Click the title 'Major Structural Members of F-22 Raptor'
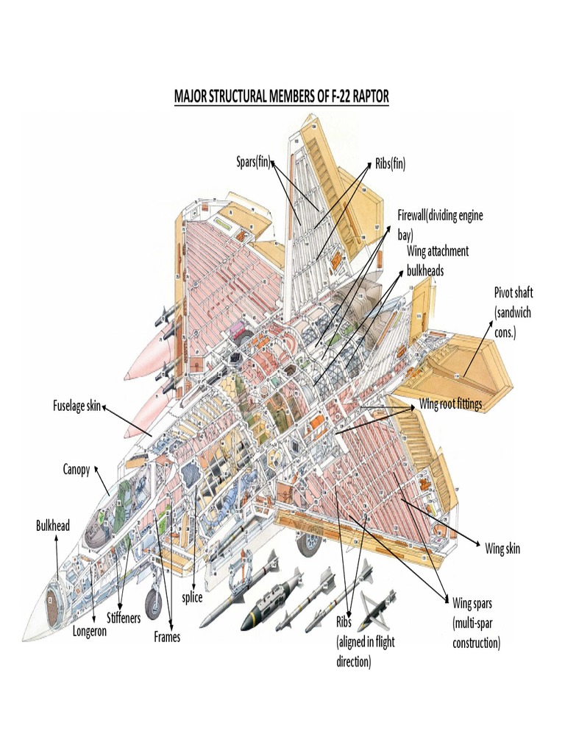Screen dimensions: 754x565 tap(281, 97)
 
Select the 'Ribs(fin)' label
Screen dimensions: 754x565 tap(390, 163)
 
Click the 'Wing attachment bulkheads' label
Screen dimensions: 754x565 tap(437, 261)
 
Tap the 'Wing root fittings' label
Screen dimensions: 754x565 tap(450, 404)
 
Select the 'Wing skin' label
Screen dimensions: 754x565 tap(502, 549)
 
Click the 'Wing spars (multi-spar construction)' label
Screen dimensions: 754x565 tap(476, 623)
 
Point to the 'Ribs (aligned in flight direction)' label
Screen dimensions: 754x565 tap(365, 641)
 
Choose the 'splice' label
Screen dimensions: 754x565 tap(192, 598)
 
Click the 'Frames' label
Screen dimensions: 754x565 tap(167, 637)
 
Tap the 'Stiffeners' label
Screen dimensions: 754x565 tap(123, 618)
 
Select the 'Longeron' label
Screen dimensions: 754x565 tap(89, 631)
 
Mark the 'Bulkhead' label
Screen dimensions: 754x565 tap(53, 525)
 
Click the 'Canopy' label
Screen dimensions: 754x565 tap(76, 469)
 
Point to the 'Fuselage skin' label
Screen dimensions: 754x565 tap(76, 405)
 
